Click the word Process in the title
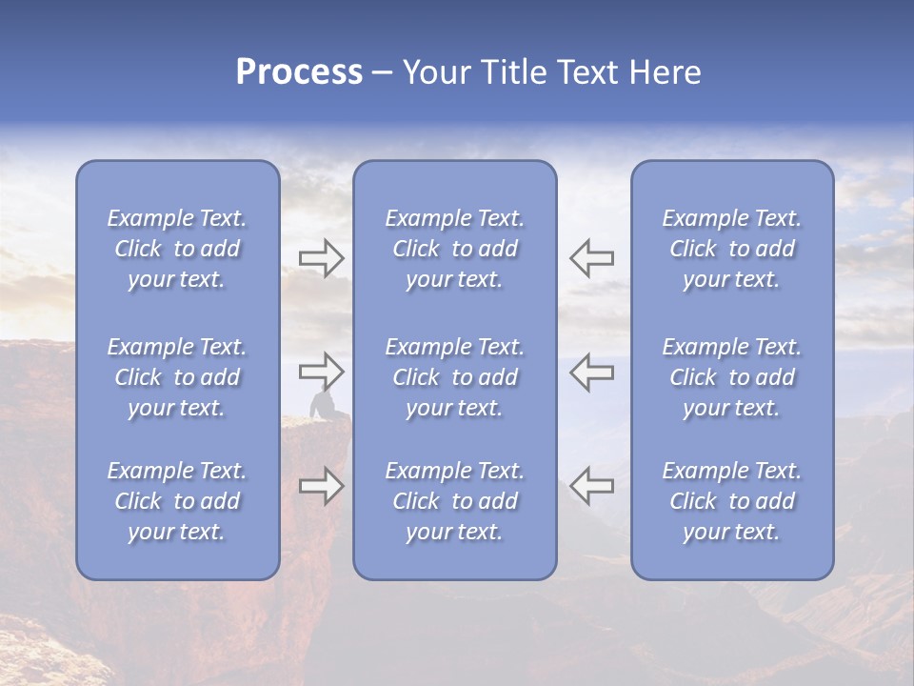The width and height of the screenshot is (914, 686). point(299,72)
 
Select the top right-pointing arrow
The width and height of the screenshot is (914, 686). point(321,258)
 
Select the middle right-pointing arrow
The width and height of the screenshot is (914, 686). point(321,372)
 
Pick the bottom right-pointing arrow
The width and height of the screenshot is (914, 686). point(321,486)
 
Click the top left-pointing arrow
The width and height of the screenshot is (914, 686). point(591,258)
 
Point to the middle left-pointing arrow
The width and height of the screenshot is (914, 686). point(591,372)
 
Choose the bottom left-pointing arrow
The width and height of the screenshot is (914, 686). point(591,486)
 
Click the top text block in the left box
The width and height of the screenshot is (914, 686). point(177,249)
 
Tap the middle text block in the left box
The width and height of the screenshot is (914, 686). point(177,377)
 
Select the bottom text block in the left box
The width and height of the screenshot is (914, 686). point(177,501)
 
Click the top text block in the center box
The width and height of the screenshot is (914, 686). point(454,249)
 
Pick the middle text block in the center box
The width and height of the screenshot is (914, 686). point(454,377)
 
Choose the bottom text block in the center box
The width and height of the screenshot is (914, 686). point(454,501)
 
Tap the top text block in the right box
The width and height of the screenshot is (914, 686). point(732,249)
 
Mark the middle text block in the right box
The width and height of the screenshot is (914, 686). point(732,377)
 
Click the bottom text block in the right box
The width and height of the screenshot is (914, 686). point(732,501)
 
